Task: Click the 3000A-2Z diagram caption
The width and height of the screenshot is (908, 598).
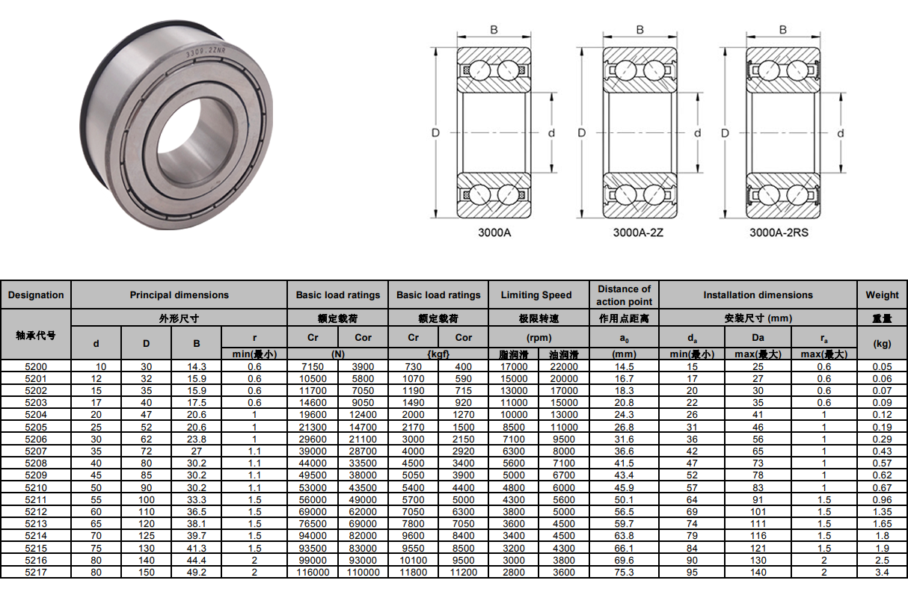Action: point(638,232)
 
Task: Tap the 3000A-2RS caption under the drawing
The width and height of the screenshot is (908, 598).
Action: point(779,232)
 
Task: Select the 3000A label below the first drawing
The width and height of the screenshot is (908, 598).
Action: point(494,232)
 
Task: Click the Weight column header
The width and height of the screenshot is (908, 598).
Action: point(882,295)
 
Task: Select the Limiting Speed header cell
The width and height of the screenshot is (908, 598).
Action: point(536,295)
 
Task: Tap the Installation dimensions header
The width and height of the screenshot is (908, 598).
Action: point(758,295)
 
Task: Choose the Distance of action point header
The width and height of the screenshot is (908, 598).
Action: point(625,295)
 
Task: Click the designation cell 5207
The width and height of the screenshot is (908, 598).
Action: point(36,451)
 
